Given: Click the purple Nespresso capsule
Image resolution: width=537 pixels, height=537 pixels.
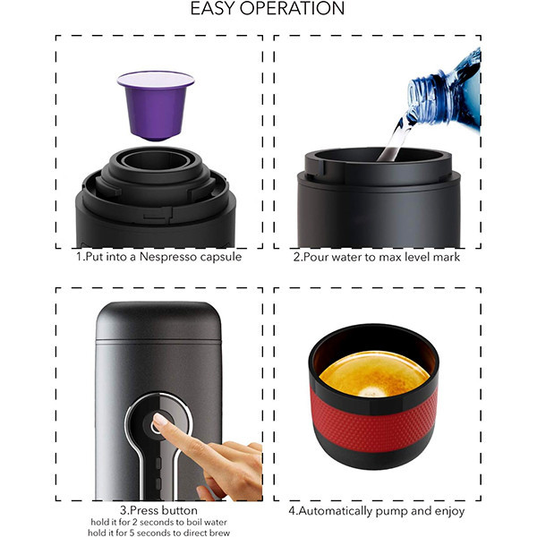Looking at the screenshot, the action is (156, 107).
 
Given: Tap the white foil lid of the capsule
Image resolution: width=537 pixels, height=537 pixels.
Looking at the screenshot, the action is (156, 79).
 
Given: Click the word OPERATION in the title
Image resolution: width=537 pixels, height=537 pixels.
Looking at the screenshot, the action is (292, 8).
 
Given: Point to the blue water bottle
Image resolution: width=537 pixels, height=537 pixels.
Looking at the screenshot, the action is (445, 90).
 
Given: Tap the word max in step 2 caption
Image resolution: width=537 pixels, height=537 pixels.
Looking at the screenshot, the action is (389, 257).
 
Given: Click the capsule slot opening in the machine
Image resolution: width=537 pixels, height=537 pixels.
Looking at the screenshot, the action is (156, 159).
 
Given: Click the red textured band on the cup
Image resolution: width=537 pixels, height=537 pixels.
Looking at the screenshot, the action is (374, 423).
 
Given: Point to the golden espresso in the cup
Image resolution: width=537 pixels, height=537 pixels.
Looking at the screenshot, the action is (374, 374).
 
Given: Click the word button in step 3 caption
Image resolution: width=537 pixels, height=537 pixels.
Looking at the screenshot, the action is (180, 510).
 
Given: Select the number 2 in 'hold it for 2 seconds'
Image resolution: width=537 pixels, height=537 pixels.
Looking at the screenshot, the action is (135, 523).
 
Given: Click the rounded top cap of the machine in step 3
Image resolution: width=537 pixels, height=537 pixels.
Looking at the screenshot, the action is (158, 321).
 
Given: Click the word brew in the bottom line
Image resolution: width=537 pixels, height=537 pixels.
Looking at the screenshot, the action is (218, 533).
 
